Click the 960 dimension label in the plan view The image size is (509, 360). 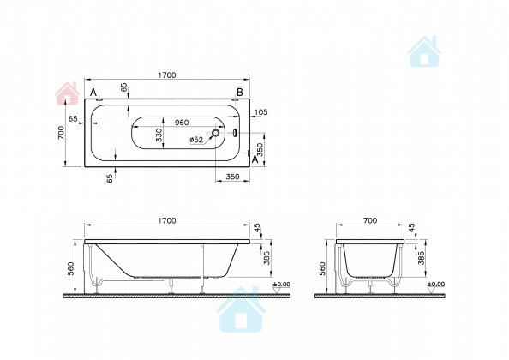(182, 123)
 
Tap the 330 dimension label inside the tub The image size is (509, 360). (159, 135)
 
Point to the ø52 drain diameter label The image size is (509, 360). (196, 140)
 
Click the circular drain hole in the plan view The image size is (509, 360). (215, 133)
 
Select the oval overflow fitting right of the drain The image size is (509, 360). (235, 133)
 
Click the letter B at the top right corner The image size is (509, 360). (240, 93)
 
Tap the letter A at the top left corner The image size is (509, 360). (93, 93)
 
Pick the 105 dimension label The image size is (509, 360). (261, 112)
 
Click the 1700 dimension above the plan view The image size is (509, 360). (167, 75)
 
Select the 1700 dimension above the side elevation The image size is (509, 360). (167, 221)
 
